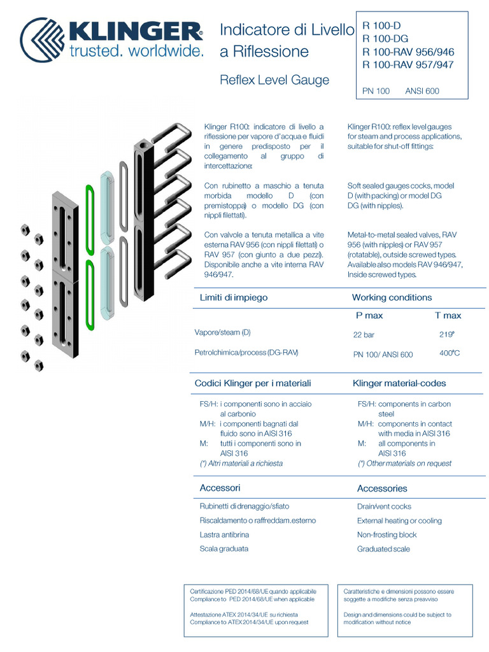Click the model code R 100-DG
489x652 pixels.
[x=385, y=39]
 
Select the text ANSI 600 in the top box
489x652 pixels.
[x=422, y=91]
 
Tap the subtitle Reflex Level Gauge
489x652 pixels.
[x=274, y=80]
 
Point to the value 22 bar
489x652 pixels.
[x=364, y=334]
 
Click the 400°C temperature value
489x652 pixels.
[x=450, y=353]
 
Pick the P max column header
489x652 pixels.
[x=369, y=316]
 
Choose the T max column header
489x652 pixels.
[x=448, y=316]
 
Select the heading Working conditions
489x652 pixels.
[x=392, y=297]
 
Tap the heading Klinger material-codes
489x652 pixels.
[x=399, y=383]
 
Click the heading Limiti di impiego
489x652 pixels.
[x=234, y=297]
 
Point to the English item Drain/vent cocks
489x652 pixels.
[x=384, y=507]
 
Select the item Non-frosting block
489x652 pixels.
[x=386, y=535]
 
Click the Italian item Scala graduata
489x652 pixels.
[x=224, y=549]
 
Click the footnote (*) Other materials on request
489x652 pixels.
[x=404, y=464]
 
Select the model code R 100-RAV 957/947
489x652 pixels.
[x=408, y=65]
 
